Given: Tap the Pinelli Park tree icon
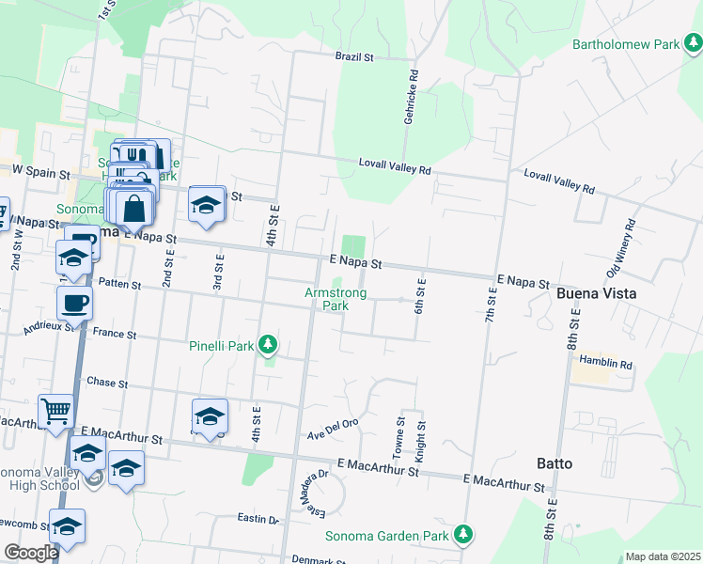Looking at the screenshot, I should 269,346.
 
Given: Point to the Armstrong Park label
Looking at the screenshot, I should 336,299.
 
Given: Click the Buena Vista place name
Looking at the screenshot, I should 597,293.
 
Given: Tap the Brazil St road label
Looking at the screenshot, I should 354,57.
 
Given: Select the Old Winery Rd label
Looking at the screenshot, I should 622,247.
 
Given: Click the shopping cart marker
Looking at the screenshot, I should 56,410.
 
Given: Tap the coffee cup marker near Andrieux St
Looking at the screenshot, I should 74,303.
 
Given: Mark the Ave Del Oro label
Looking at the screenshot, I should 334,429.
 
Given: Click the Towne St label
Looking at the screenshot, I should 400,438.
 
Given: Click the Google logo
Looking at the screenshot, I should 31,553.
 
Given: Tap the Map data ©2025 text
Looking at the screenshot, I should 663,556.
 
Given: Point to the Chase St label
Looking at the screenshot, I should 106,383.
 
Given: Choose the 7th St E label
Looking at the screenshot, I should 489,310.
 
